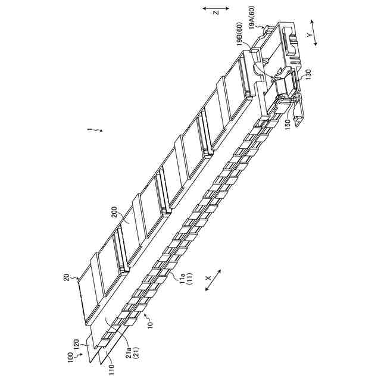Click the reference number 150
287,124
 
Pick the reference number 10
149,325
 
